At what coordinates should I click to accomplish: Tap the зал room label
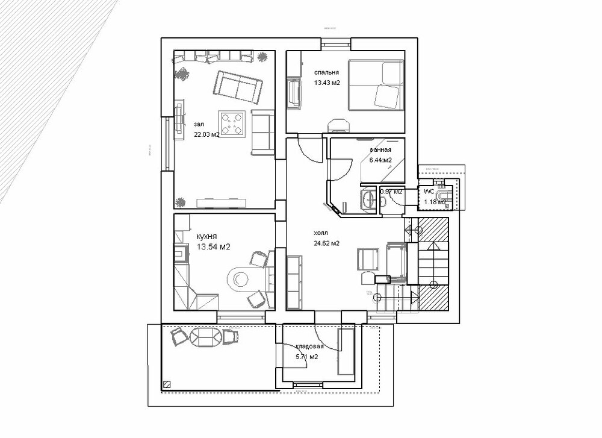point(199,124)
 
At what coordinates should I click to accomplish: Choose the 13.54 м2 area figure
point(210,247)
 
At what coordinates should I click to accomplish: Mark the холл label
point(321,233)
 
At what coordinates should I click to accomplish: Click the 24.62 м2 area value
point(327,243)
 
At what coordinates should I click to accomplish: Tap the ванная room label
point(381,150)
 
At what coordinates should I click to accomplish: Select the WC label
point(429,191)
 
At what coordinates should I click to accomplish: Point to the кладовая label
point(309,346)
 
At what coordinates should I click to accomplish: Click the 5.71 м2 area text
point(306,357)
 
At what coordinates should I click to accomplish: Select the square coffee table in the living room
point(232,124)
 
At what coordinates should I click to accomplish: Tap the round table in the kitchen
point(241,278)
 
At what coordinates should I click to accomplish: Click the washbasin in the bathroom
point(367,198)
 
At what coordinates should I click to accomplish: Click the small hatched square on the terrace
point(167,383)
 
